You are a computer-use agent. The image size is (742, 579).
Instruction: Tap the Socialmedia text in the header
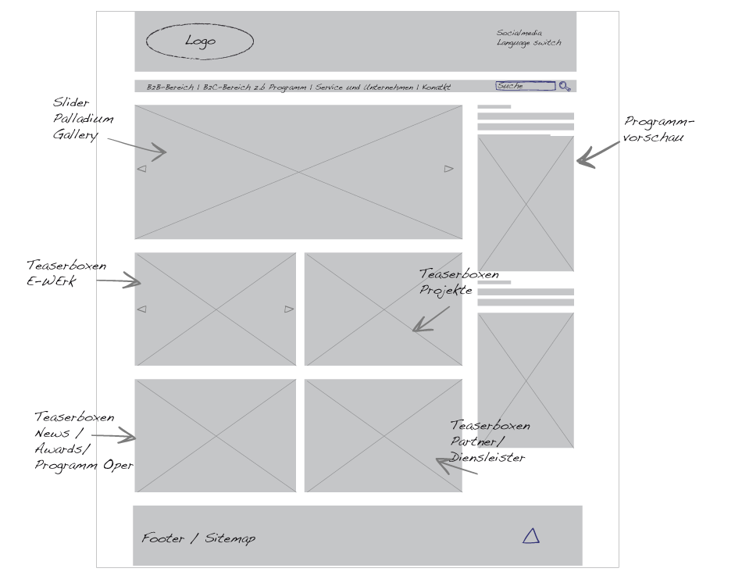[519, 33]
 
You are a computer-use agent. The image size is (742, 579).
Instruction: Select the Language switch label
[529, 43]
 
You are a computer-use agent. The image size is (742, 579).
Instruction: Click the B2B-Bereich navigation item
[170, 87]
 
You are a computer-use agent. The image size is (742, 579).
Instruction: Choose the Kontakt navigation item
[437, 87]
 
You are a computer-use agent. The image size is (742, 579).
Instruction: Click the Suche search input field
[526, 86]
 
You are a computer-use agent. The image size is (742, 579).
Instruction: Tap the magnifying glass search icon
[565, 86]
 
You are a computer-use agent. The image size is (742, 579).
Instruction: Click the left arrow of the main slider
[141, 169]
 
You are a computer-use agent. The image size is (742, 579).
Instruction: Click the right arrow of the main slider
[448, 169]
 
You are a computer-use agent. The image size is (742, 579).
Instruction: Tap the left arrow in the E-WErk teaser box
[141, 309]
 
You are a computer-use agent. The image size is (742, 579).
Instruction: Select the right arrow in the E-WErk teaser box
[289, 309]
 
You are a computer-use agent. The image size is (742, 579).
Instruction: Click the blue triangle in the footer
[531, 536]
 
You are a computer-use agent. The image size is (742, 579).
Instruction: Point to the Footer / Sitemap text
[198, 538]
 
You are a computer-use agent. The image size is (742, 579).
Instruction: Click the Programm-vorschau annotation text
[658, 129]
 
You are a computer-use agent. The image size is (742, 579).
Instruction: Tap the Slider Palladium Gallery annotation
[83, 118]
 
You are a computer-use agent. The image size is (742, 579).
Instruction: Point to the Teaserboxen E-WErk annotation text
[66, 273]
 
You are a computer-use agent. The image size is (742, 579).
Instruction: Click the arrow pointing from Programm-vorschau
[598, 155]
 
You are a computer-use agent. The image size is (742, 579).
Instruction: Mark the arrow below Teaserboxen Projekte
[430, 319]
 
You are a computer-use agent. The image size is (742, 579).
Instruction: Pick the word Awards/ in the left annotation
[62, 449]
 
